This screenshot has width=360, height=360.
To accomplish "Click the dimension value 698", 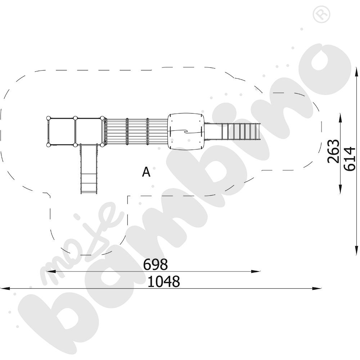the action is coord(156,265).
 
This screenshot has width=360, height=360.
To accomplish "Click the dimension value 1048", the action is coord(163,282).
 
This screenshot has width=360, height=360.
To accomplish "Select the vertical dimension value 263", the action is coord(333,151).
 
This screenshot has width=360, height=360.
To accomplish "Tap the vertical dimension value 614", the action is coord(350,159).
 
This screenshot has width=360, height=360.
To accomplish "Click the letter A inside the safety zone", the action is coord(146,172).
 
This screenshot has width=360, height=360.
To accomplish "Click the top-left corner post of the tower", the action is coord(48,118).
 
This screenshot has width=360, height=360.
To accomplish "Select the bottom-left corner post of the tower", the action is coord(48,145).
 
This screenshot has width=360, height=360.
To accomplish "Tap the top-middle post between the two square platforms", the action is coord(75,118).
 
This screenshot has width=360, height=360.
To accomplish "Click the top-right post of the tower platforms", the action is coord(102,118).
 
